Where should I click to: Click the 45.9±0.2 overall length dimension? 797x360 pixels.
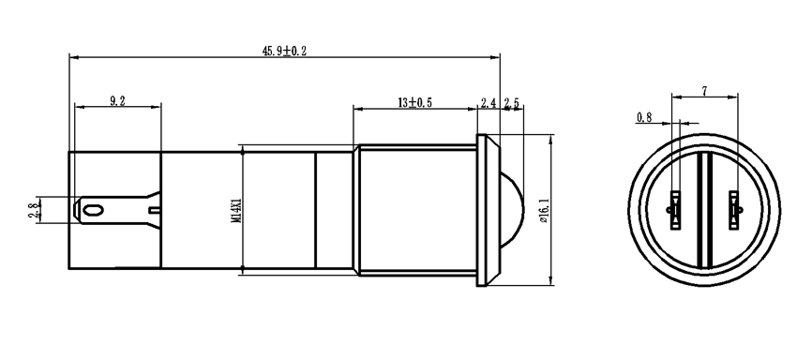(285, 51)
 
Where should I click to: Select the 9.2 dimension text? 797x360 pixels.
(117, 100)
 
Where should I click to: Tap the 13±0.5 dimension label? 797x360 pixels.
(414, 102)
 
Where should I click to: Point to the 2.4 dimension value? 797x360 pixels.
(489, 103)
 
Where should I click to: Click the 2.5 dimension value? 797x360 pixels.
(512, 103)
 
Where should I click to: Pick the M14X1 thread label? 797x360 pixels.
(235, 210)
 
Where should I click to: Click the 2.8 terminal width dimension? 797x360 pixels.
(34, 209)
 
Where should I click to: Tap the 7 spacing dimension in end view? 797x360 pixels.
(704, 91)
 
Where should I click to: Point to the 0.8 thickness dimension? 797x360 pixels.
(644, 117)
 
